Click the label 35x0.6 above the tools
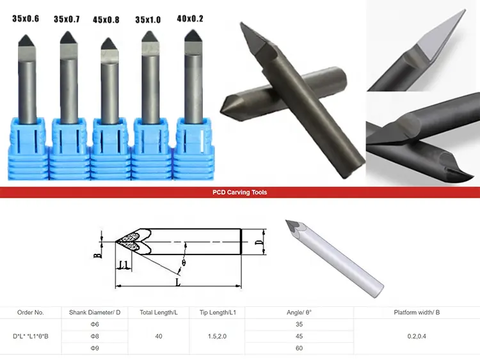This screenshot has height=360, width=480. (26, 19)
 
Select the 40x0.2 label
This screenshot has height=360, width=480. (189, 19)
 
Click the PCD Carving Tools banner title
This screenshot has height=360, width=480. (240, 192)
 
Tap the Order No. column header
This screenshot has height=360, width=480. (30, 313)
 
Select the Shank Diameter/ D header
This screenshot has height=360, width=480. (95, 313)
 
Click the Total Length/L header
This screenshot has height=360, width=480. (159, 313)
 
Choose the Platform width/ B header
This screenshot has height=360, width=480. (420, 313)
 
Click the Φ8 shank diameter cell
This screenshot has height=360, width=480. (95, 336)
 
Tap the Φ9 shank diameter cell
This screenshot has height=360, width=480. (95, 348)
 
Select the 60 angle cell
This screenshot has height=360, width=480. (300, 348)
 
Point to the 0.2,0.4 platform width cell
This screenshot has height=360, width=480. (420, 336)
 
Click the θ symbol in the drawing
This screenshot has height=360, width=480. (183, 263)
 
